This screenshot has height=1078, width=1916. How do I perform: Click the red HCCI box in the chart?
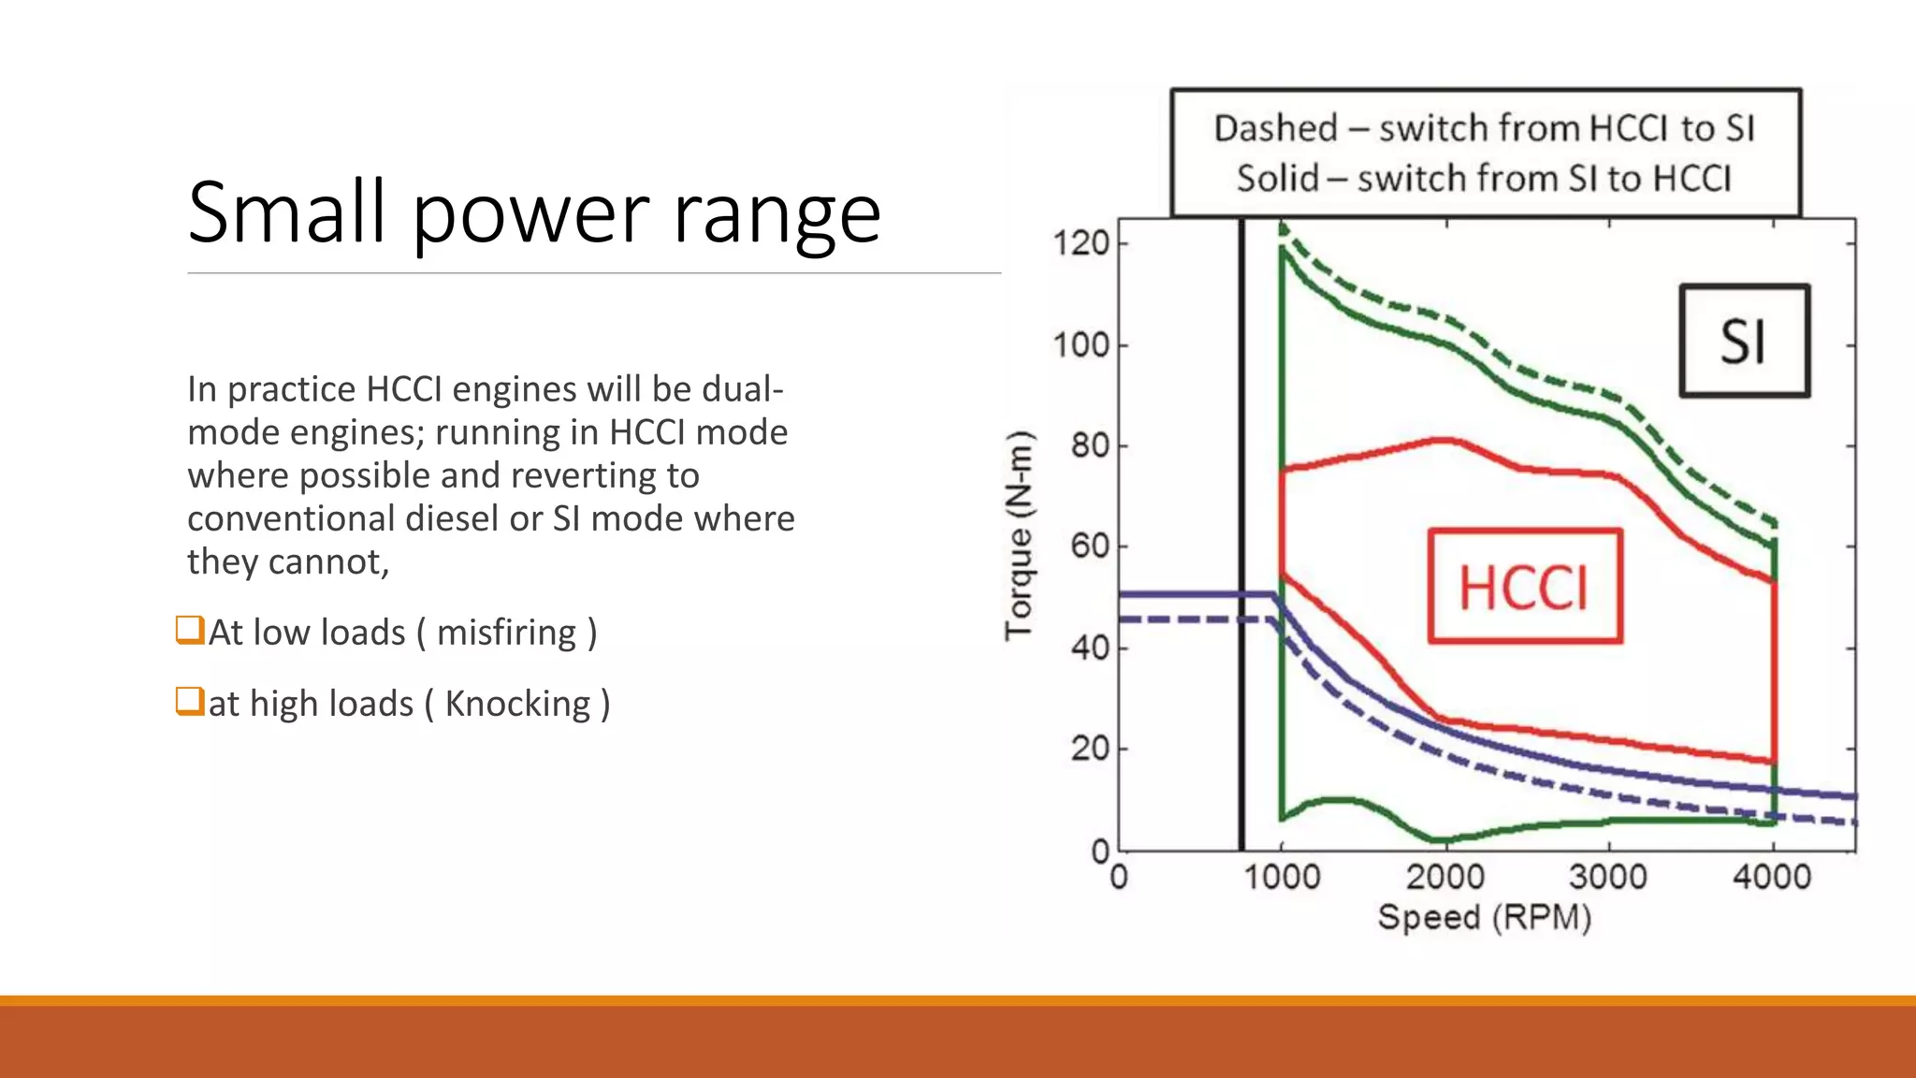point(1525,587)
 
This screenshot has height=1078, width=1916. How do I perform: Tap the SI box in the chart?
point(1744,342)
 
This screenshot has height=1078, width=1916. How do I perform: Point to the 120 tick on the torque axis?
point(1081,243)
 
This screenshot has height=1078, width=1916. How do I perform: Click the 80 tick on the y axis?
point(1090,445)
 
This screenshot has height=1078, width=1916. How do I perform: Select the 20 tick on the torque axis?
point(1090,749)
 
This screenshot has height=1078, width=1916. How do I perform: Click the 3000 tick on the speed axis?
point(1608,877)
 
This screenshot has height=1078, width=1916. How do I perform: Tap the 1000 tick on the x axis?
point(1282,877)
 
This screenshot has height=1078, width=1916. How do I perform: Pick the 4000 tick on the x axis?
point(1772,877)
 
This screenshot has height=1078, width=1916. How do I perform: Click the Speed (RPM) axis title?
point(1485,917)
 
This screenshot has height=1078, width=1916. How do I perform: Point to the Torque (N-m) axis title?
point(1020,535)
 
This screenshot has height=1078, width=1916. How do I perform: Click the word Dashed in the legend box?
point(1276,128)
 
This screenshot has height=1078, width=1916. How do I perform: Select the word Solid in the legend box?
point(1278,178)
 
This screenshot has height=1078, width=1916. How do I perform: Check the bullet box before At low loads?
point(190,630)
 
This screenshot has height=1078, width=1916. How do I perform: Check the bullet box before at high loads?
point(190,701)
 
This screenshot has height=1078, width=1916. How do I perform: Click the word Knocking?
point(517,704)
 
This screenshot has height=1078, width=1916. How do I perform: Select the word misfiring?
point(506,633)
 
